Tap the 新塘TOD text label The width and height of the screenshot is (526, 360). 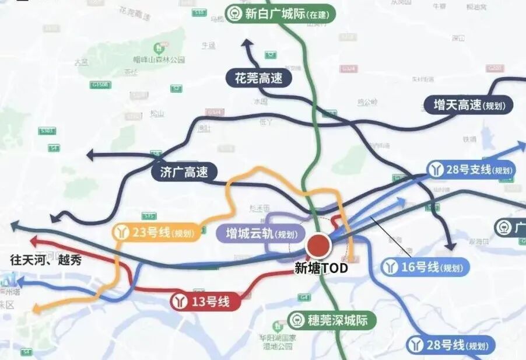(x=321, y=268)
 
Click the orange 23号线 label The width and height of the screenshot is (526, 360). (x=157, y=233)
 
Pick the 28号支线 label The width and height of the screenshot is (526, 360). (x=471, y=170)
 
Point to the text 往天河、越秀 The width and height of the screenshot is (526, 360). (x=45, y=260)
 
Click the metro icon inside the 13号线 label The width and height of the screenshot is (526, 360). (x=180, y=302)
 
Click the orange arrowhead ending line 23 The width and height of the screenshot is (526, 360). (x=36, y=309)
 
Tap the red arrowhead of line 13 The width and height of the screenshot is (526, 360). (x=34, y=240)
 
